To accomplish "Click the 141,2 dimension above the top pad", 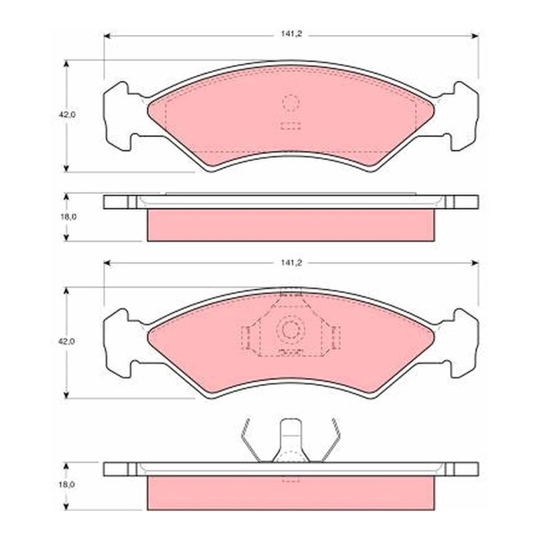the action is [291, 34].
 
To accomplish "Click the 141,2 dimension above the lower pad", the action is [291, 263].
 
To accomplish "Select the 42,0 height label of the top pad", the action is [66, 115].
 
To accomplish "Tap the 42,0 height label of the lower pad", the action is [66, 342].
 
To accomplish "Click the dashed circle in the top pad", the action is [291, 103].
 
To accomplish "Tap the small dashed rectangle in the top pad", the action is [291, 126].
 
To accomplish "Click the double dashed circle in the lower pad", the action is [290, 330].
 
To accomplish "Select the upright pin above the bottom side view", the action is [291, 441].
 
